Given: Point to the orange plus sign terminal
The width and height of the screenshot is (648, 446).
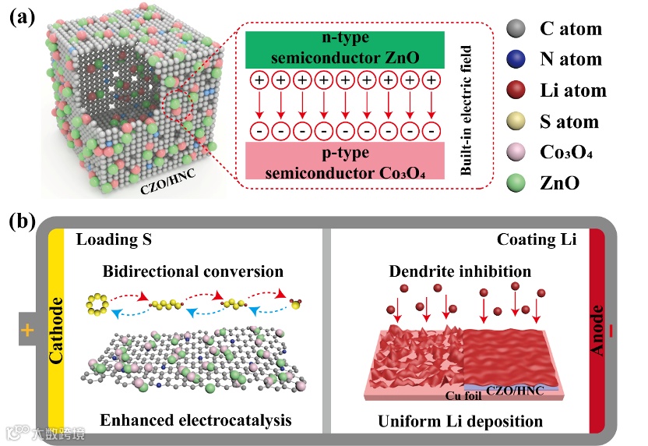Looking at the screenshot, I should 27,331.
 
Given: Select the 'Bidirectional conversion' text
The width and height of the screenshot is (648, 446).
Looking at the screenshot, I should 192,271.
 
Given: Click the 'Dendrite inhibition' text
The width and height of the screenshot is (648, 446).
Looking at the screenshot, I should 460,271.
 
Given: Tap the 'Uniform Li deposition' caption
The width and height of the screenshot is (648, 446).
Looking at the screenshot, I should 460,422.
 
